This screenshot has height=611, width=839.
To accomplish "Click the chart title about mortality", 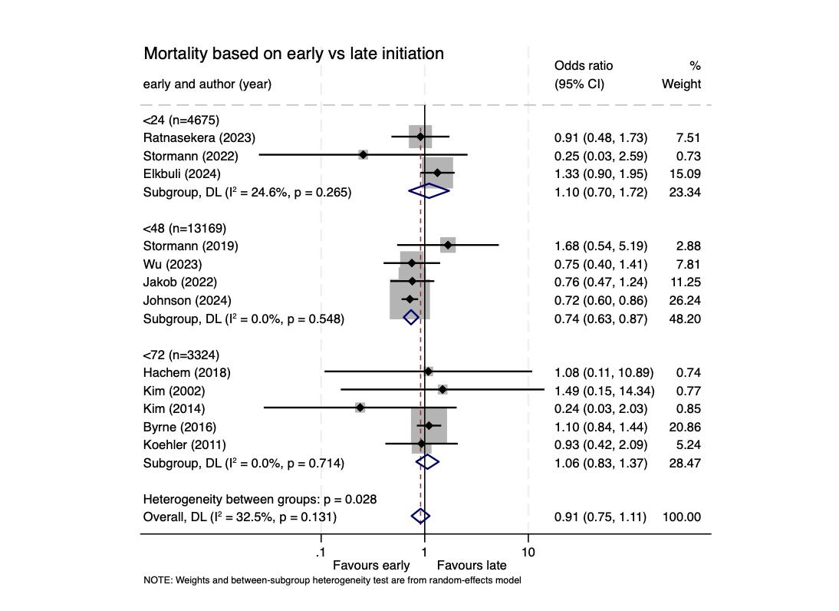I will point(294,54).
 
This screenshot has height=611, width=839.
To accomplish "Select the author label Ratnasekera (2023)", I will point(199,137).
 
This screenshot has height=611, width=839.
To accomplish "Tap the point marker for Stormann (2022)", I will point(363,155).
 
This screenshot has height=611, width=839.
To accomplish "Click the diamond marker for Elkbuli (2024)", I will point(437,173).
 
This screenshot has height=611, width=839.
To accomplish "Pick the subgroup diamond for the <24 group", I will point(429,192).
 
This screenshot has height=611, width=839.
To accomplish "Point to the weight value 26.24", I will point(684,300).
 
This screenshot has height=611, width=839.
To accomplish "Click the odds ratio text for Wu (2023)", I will point(600,264).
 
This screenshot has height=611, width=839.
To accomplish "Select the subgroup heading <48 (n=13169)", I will point(185,228).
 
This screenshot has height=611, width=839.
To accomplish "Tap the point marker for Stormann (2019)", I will point(448,246).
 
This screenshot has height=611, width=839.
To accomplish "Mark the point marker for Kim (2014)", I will point(360,408).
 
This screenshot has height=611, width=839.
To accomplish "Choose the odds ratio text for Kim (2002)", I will point(604,390).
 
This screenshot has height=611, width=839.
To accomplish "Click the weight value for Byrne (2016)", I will point(684,427).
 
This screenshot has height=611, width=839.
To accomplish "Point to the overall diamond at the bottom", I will point(419,517).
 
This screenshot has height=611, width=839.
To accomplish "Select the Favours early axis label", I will point(371,566).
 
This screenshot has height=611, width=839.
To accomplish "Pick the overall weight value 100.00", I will point(682,517).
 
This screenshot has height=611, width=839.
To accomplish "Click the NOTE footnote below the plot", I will point(332,580).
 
